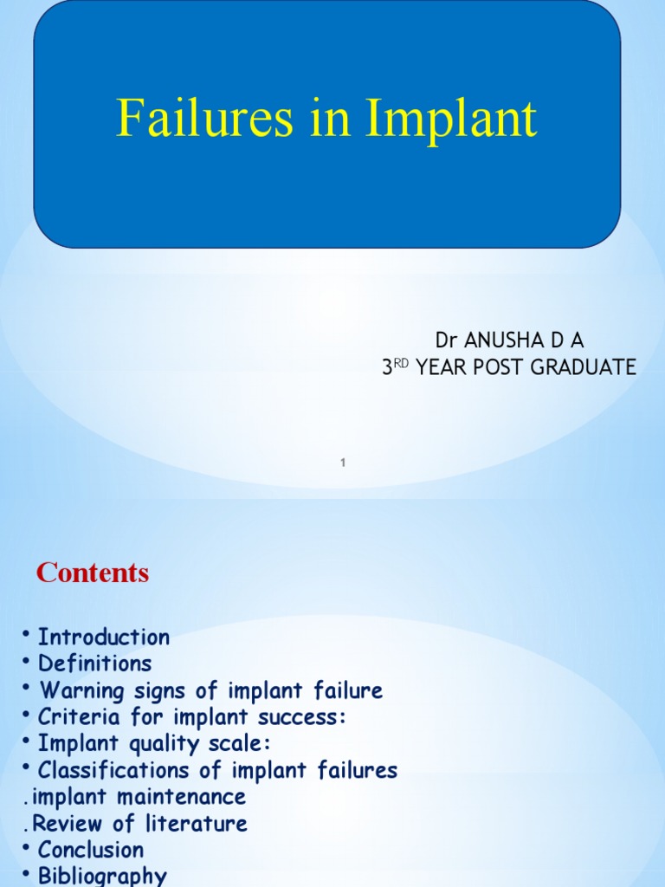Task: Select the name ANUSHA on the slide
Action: click(x=500, y=340)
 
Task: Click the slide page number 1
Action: click(x=344, y=463)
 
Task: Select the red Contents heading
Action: click(x=93, y=573)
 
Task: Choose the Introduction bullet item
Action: click(x=104, y=638)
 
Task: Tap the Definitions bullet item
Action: click(x=94, y=664)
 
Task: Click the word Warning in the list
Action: click(x=84, y=691)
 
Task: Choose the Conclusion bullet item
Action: click(x=91, y=850)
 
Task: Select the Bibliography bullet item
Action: click(x=102, y=876)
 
